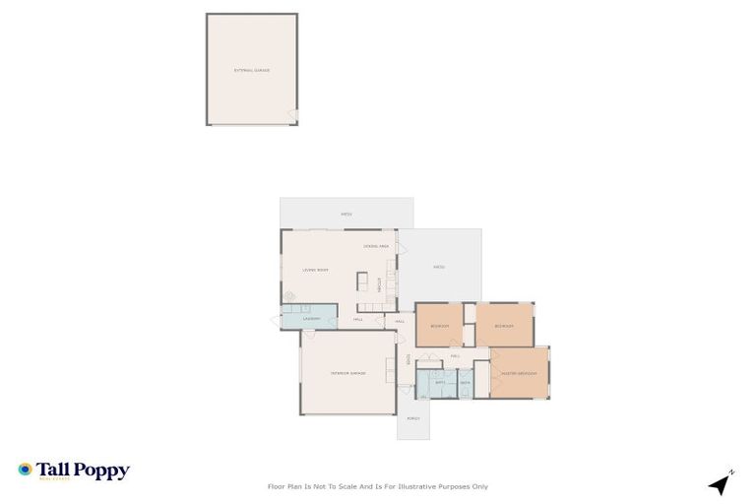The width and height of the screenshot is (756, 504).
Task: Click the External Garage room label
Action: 251,71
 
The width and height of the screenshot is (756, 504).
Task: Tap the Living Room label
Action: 315,270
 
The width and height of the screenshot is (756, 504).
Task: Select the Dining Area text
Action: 377,245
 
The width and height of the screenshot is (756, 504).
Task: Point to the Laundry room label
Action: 312,319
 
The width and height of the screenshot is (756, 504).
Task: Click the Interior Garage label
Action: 347,373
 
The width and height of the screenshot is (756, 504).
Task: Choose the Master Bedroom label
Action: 519,373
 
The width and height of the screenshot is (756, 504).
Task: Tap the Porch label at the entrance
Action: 413,419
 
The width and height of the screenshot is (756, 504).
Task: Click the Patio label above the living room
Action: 346,213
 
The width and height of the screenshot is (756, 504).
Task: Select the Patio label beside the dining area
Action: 439,267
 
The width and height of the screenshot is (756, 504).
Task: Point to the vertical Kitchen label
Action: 378,283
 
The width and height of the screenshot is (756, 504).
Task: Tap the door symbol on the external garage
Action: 292,115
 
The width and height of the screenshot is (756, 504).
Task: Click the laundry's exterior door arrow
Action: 275,320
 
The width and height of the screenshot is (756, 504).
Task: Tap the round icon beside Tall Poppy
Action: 25,470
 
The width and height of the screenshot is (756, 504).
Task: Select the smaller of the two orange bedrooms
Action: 439,325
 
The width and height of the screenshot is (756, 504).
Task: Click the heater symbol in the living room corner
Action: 289,296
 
